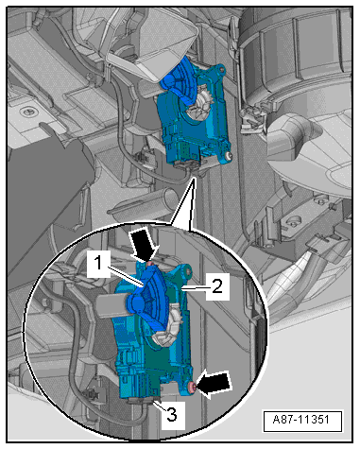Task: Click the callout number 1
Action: (98, 263)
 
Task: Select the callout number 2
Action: (217, 286)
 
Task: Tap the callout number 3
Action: (172, 414)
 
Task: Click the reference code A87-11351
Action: (301, 420)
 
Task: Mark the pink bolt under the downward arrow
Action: (150, 264)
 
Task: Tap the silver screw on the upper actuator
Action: (228, 155)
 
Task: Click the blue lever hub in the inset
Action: (138, 303)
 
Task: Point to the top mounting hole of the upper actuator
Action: (221, 68)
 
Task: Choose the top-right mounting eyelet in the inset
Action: (188, 272)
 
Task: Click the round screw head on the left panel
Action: (27, 112)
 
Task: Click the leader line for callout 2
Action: (194, 287)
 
